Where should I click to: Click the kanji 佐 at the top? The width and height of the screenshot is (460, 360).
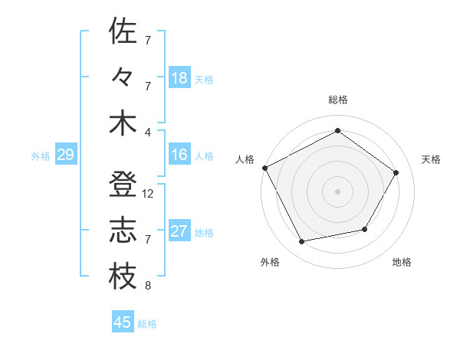[123, 31]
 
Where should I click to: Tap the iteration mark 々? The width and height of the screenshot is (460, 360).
[123, 77]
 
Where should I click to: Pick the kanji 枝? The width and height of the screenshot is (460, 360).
[123, 277]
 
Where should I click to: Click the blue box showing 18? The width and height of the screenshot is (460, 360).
[179, 77]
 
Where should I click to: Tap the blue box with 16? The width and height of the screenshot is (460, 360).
[179, 155]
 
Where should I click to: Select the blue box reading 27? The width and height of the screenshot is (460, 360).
[179, 232]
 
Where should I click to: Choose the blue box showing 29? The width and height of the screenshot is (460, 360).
[65, 155]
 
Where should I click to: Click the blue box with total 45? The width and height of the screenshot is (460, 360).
[123, 322]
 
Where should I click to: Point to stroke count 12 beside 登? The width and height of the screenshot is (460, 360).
[148, 194]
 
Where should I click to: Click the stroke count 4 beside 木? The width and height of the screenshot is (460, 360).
[148, 131]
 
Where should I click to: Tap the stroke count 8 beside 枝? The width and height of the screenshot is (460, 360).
[148, 286]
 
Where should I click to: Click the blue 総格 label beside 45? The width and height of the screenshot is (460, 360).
[147, 324]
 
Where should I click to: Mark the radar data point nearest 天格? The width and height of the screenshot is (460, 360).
[396, 172]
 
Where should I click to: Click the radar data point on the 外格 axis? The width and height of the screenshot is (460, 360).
[302, 242]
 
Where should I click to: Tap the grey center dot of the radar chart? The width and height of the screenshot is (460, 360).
[337, 191]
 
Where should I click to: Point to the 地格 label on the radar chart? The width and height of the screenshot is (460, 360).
[402, 262]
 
